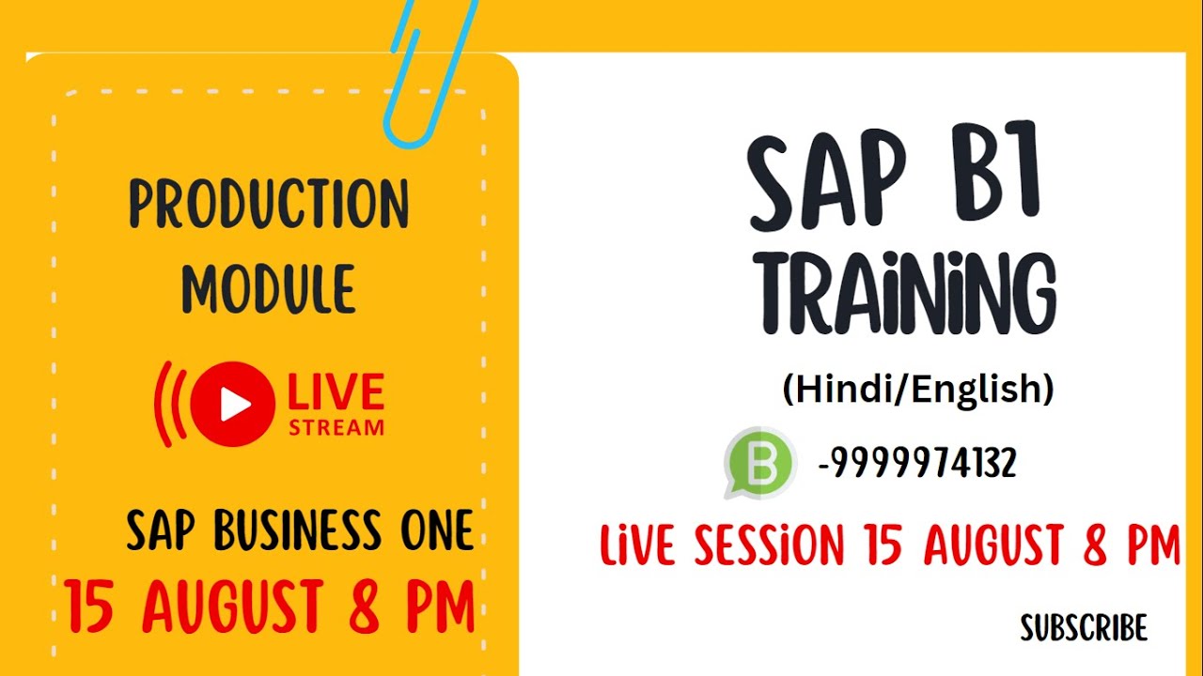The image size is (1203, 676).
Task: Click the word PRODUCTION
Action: coord(269,204)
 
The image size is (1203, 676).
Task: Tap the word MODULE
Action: coord(269,288)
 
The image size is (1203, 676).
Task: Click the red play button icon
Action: coord(232,404)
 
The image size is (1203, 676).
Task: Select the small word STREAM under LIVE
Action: coord(336,427)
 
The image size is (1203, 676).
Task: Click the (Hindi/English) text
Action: coord(917,389)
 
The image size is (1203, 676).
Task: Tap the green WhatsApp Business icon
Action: coord(759,462)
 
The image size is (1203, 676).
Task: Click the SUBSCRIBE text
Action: coord(1084,627)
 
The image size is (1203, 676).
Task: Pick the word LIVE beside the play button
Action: coord(336,392)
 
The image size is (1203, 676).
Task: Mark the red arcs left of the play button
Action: coord(169,404)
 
